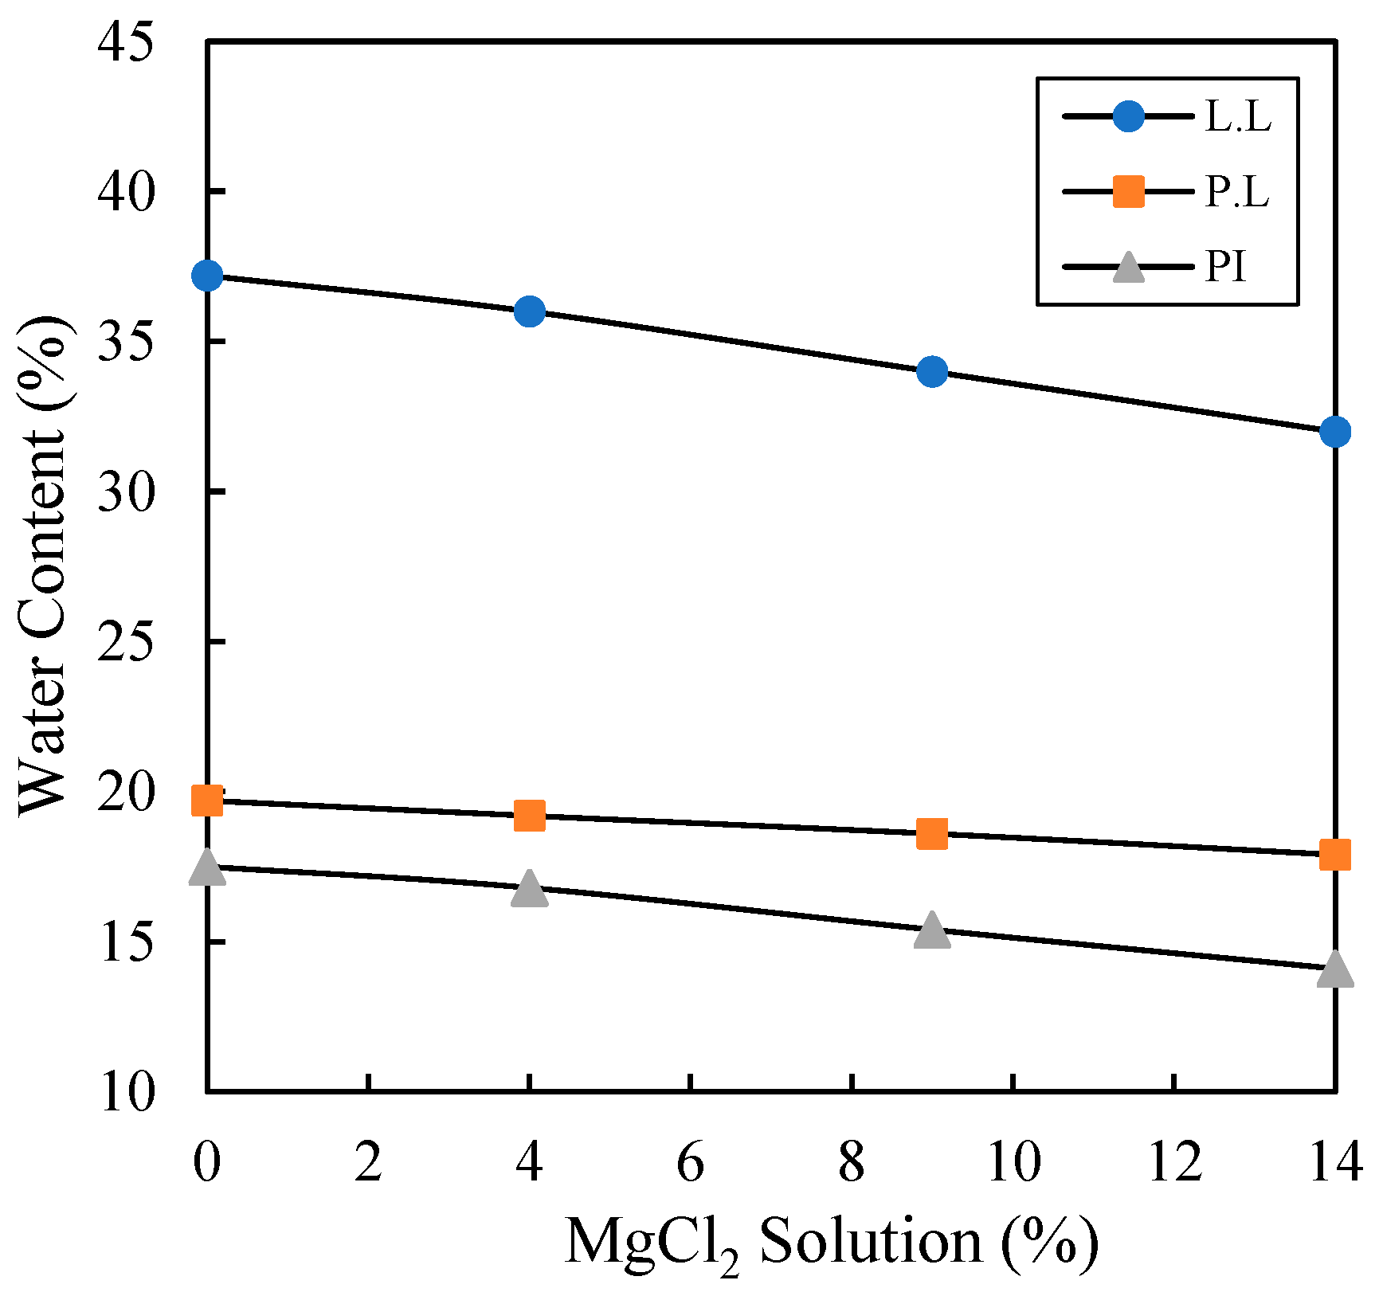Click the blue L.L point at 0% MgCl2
pos(207,276)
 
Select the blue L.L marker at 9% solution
pos(931,371)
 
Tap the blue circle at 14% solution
pos(1334,432)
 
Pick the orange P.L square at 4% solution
pos(529,816)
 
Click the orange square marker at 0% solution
pos(207,801)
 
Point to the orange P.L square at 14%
pos(1334,855)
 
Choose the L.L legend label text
pos(1237,117)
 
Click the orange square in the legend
pos(1128,192)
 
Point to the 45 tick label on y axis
pos(124,41)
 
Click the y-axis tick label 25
pos(124,641)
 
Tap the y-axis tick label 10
pos(124,1092)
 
